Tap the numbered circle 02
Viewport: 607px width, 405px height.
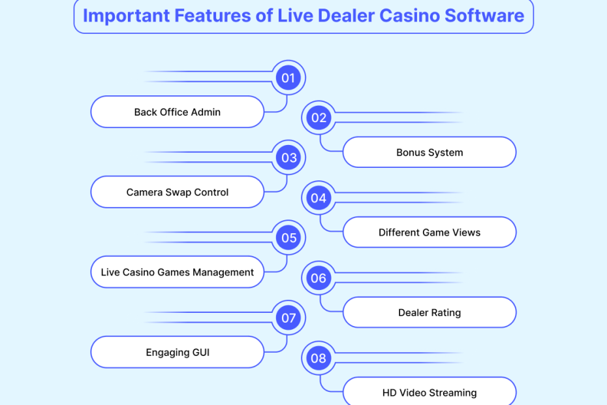click(319, 118)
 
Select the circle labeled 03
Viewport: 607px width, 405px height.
click(288, 157)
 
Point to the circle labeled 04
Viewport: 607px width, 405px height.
click(319, 198)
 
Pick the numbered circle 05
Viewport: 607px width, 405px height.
click(288, 238)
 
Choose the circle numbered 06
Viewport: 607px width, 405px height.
click(319, 278)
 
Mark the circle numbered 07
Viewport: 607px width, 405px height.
click(288, 318)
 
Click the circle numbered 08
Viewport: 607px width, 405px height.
click(319, 358)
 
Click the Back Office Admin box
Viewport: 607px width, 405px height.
click(178, 112)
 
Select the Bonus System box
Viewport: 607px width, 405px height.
click(429, 152)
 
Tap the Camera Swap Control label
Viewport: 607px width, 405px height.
click(178, 192)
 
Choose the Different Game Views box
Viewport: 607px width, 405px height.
click(429, 233)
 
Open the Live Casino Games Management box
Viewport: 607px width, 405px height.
click(178, 272)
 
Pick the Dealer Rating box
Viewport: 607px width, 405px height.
click(429, 312)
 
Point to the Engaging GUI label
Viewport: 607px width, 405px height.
click(178, 353)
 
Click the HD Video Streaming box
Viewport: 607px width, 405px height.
click(429, 393)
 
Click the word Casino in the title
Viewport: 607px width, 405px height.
click(403, 16)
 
